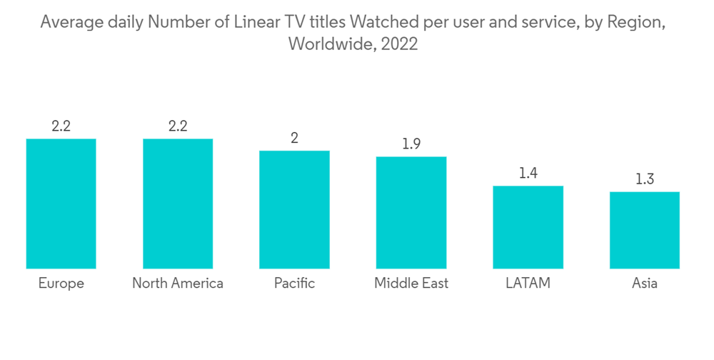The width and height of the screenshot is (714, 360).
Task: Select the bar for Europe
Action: tap(61, 204)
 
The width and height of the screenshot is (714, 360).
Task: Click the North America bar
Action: tap(178, 204)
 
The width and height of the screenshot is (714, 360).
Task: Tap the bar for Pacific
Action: tap(294, 209)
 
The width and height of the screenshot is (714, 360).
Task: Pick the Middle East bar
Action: tap(411, 213)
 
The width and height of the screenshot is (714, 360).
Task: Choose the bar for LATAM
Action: tap(528, 227)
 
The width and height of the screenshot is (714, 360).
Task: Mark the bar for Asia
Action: tap(644, 230)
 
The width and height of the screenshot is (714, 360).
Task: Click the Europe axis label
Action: tap(61, 284)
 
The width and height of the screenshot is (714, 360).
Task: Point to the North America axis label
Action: tap(178, 284)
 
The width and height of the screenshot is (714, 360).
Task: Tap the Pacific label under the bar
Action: tap(294, 284)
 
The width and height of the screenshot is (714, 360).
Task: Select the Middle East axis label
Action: tap(411, 284)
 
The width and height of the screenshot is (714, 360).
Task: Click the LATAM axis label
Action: tap(528, 284)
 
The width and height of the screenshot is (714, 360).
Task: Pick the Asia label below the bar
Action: tap(644, 284)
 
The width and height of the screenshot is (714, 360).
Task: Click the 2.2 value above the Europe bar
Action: tap(61, 126)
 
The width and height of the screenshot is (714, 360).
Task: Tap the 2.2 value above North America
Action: tap(178, 126)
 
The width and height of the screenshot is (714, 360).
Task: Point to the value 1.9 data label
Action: tap(411, 144)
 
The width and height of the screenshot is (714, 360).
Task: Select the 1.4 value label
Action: tap(528, 174)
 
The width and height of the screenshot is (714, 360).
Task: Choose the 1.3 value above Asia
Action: tap(644, 179)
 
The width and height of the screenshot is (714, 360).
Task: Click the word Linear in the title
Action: tap(246, 23)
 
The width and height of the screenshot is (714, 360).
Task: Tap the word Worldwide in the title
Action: tap(331, 44)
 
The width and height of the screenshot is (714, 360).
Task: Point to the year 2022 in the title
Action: tap(399, 44)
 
